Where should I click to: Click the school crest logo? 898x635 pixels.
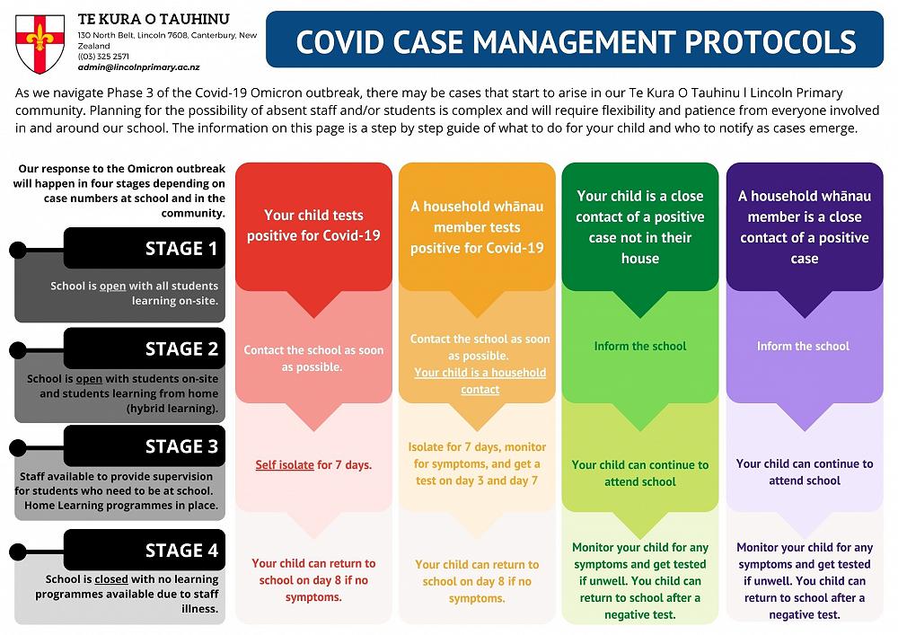(x=40, y=43)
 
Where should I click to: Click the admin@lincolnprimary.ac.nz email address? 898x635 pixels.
(x=138, y=67)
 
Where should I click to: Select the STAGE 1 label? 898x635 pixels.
(x=181, y=249)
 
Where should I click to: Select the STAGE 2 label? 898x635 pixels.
(x=181, y=348)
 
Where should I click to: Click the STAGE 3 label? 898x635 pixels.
(x=181, y=446)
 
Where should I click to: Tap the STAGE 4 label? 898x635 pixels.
(x=181, y=550)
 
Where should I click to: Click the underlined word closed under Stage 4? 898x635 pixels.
(x=112, y=579)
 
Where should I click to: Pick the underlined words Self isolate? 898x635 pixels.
(x=285, y=465)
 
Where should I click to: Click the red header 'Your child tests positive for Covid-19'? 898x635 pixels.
(x=313, y=225)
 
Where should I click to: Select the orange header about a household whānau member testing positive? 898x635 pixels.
(x=477, y=226)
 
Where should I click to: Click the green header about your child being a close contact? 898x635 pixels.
(x=640, y=226)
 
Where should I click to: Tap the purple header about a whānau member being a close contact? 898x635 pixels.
(x=804, y=226)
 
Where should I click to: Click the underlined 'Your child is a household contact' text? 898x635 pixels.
(x=480, y=381)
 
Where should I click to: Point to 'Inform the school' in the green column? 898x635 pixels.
(x=640, y=346)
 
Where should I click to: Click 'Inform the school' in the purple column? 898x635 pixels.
(x=803, y=346)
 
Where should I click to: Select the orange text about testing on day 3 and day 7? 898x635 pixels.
(x=477, y=463)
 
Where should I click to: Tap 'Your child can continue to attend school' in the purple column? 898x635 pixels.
(x=804, y=472)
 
